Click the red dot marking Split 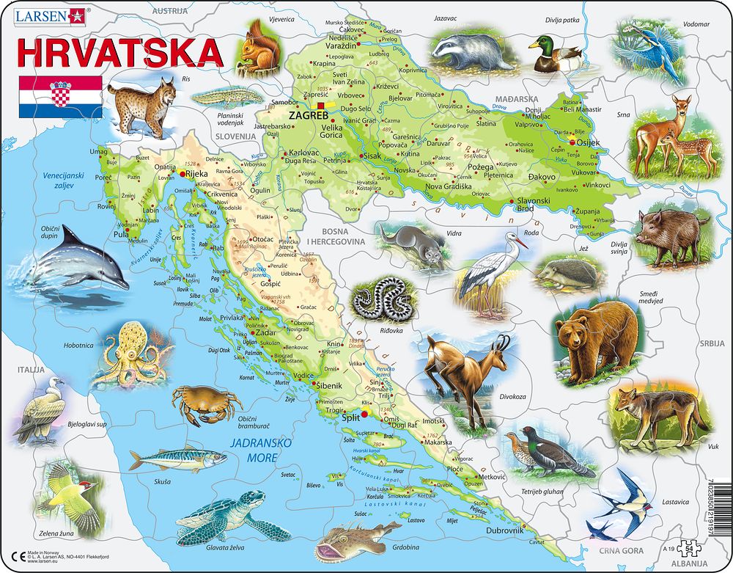pos(366,415)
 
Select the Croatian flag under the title pos(60,97)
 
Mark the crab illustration pos(205,404)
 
